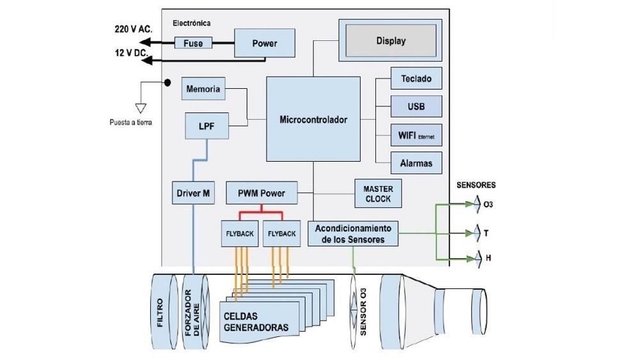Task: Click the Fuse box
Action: point(193,43)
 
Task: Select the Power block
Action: point(264,43)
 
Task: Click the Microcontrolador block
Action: point(313,120)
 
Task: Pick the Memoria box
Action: point(203,89)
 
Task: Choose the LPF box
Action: point(206,126)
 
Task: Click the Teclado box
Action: point(416,79)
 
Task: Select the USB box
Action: point(416,107)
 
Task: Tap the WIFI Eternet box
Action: point(416,135)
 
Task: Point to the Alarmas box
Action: point(416,163)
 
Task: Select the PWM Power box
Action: point(261,192)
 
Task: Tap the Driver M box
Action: point(194,192)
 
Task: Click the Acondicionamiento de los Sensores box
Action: point(353,233)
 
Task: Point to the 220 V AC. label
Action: point(135,29)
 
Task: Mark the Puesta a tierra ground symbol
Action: point(141,107)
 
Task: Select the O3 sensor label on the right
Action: point(488,205)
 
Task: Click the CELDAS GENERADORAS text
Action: point(256,322)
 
